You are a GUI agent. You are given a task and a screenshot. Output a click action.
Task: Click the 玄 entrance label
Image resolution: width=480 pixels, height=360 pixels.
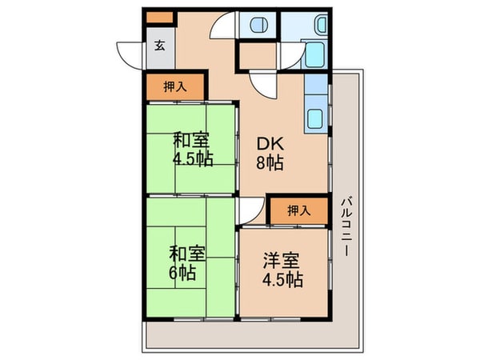pos(159,46)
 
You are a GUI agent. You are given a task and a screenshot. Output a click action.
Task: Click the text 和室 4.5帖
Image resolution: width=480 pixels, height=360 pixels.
pos(193,149)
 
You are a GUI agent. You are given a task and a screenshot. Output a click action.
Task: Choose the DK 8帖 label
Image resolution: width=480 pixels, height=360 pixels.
pos(268,153)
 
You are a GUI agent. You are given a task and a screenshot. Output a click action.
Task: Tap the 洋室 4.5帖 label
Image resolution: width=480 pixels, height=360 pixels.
pos(283,270)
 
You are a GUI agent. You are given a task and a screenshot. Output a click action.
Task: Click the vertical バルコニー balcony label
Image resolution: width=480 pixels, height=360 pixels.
pos(345,226)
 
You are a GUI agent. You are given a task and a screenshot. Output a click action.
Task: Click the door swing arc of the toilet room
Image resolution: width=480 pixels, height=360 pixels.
pos(222,26)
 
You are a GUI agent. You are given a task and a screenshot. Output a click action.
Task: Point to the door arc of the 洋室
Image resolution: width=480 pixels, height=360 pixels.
pos(250,212)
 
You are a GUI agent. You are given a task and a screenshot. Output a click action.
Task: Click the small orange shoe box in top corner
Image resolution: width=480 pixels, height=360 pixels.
pos(158,16)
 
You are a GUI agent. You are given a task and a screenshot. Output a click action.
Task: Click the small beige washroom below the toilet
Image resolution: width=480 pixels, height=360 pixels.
pos(257,56)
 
